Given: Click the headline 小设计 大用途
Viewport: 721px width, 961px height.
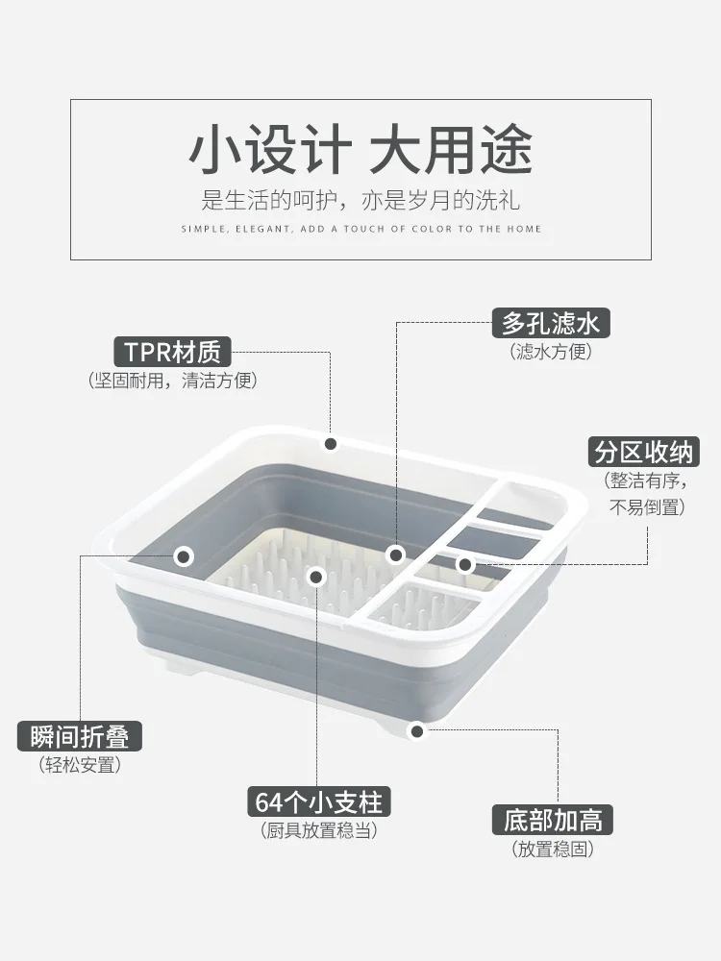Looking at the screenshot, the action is [360, 150].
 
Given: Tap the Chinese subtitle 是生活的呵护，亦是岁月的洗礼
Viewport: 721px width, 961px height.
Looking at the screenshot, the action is [360, 201].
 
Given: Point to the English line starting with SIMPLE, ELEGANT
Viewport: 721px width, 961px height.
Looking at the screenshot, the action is [361, 230].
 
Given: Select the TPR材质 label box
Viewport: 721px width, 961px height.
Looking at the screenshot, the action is [172, 352].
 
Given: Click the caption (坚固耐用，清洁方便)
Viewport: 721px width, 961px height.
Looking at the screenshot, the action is [172, 381].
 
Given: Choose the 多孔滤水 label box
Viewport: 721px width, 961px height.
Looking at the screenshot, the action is [551, 323].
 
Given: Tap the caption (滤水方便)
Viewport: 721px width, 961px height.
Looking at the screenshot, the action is [551, 351].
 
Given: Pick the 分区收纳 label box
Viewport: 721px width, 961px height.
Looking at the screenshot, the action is [643, 453].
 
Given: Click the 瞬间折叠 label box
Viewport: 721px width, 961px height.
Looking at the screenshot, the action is [80, 736].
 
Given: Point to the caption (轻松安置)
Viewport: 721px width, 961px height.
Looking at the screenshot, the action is [80, 765].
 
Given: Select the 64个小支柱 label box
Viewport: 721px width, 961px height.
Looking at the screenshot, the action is [319, 801].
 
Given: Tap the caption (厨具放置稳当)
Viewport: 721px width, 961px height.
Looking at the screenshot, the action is [319, 830].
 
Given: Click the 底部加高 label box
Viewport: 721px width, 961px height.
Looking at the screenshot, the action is [553, 820].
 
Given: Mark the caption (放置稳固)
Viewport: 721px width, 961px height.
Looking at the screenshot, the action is [553, 849].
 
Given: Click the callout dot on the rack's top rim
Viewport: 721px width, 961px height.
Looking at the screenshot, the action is [331, 444].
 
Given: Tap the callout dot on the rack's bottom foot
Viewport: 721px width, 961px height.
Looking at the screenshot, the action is [417, 731].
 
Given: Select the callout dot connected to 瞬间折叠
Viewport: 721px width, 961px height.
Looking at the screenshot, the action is [184, 556].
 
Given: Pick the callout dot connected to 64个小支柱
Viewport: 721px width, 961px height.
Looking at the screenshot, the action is [316, 576].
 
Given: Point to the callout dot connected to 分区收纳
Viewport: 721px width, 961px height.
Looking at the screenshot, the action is [464, 564].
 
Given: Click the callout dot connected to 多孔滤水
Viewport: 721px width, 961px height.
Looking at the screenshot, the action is [396, 555].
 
